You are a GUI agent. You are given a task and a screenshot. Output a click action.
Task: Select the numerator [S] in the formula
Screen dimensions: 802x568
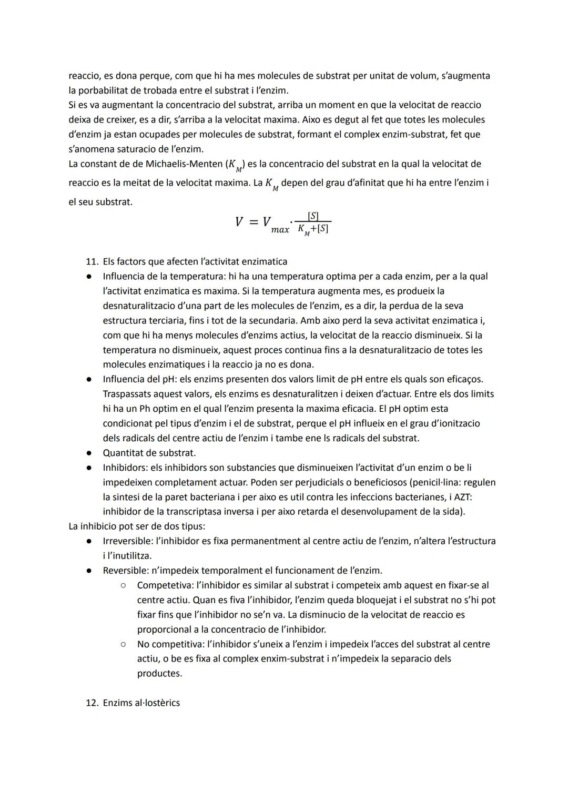(313, 216)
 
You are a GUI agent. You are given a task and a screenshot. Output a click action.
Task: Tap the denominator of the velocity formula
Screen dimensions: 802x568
(313, 229)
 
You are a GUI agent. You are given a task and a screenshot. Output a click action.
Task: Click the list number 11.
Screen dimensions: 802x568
(92, 261)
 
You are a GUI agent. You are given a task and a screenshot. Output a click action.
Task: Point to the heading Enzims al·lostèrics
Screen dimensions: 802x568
(141, 703)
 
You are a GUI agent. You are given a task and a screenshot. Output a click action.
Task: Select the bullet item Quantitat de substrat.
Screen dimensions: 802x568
(149, 453)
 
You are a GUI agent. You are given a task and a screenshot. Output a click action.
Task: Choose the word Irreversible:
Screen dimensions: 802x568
(128, 541)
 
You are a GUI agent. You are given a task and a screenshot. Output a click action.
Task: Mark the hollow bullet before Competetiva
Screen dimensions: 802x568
(122, 585)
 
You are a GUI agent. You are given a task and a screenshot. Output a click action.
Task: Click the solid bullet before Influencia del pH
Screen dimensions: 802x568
(90, 379)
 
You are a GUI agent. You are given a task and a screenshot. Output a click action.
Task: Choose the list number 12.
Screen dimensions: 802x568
(92, 703)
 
